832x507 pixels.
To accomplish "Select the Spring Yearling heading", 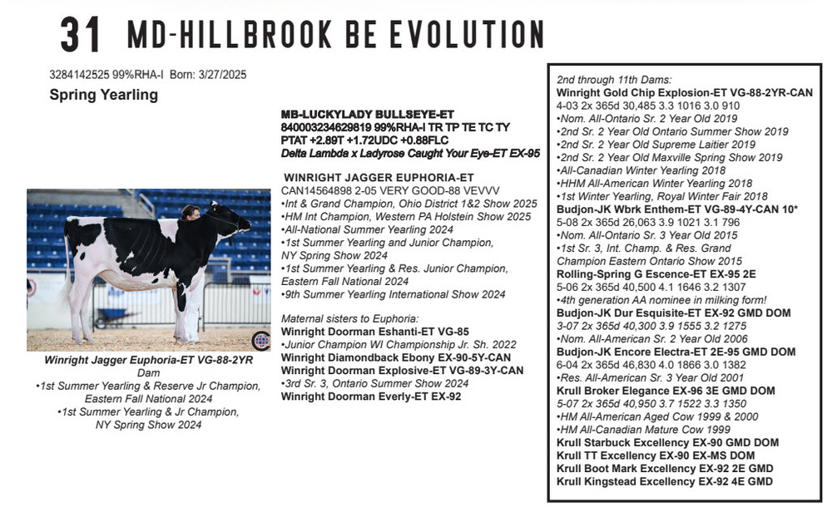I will pos(103,95).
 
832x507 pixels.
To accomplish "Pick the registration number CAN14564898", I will pos(320,190).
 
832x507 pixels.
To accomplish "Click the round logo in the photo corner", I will pos(260,340).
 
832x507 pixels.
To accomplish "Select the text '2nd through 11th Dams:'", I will pos(614,79).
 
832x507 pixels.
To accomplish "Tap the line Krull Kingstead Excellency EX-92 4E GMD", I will pos(665,481).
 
